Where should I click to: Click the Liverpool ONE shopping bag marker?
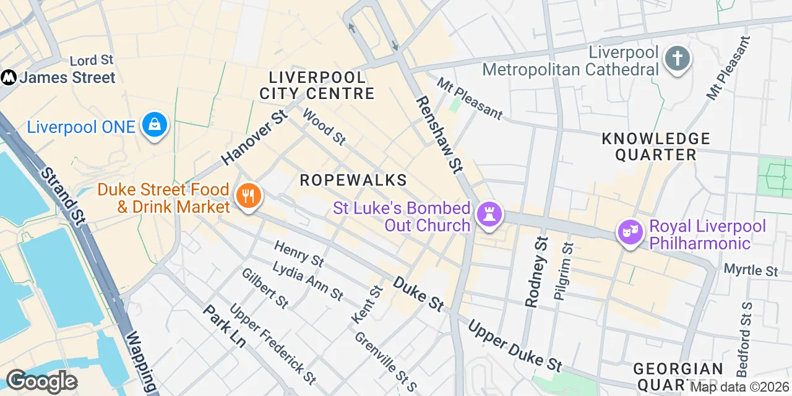(x=154, y=125)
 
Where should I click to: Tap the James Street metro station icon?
(x=9, y=77)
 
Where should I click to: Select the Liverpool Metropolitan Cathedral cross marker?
(x=677, y=59)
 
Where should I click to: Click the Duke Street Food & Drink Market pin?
(x=249, y=197)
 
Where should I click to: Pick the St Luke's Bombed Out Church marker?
(x=489, y=215)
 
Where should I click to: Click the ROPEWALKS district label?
(x=353, y=180)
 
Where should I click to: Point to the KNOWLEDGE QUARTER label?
(x=656, y=147)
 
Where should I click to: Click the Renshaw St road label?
(x=439, y=134)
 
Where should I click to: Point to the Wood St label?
(x=324, y=127)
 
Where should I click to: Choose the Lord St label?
(x=92, y=61)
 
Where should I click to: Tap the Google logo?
(x=41, y=382)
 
